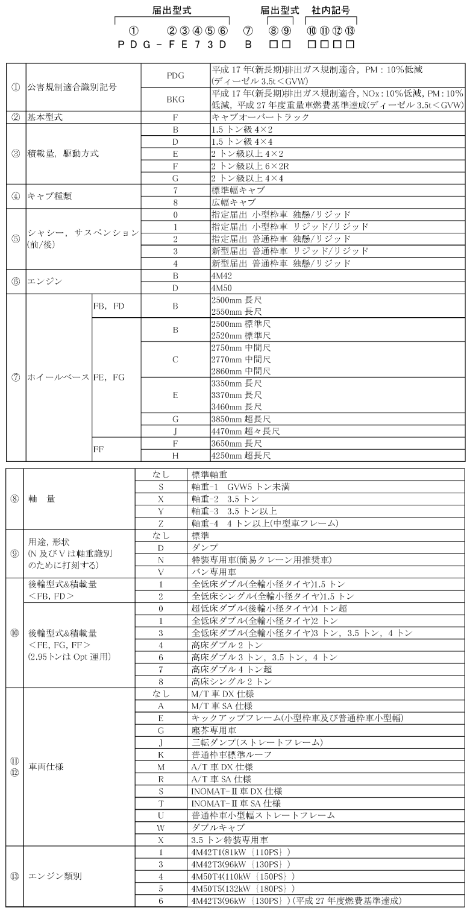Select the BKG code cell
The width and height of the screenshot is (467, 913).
[175, 98]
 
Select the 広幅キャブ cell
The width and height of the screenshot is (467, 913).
[234, 202]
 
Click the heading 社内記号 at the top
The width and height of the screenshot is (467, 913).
[331, 10]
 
